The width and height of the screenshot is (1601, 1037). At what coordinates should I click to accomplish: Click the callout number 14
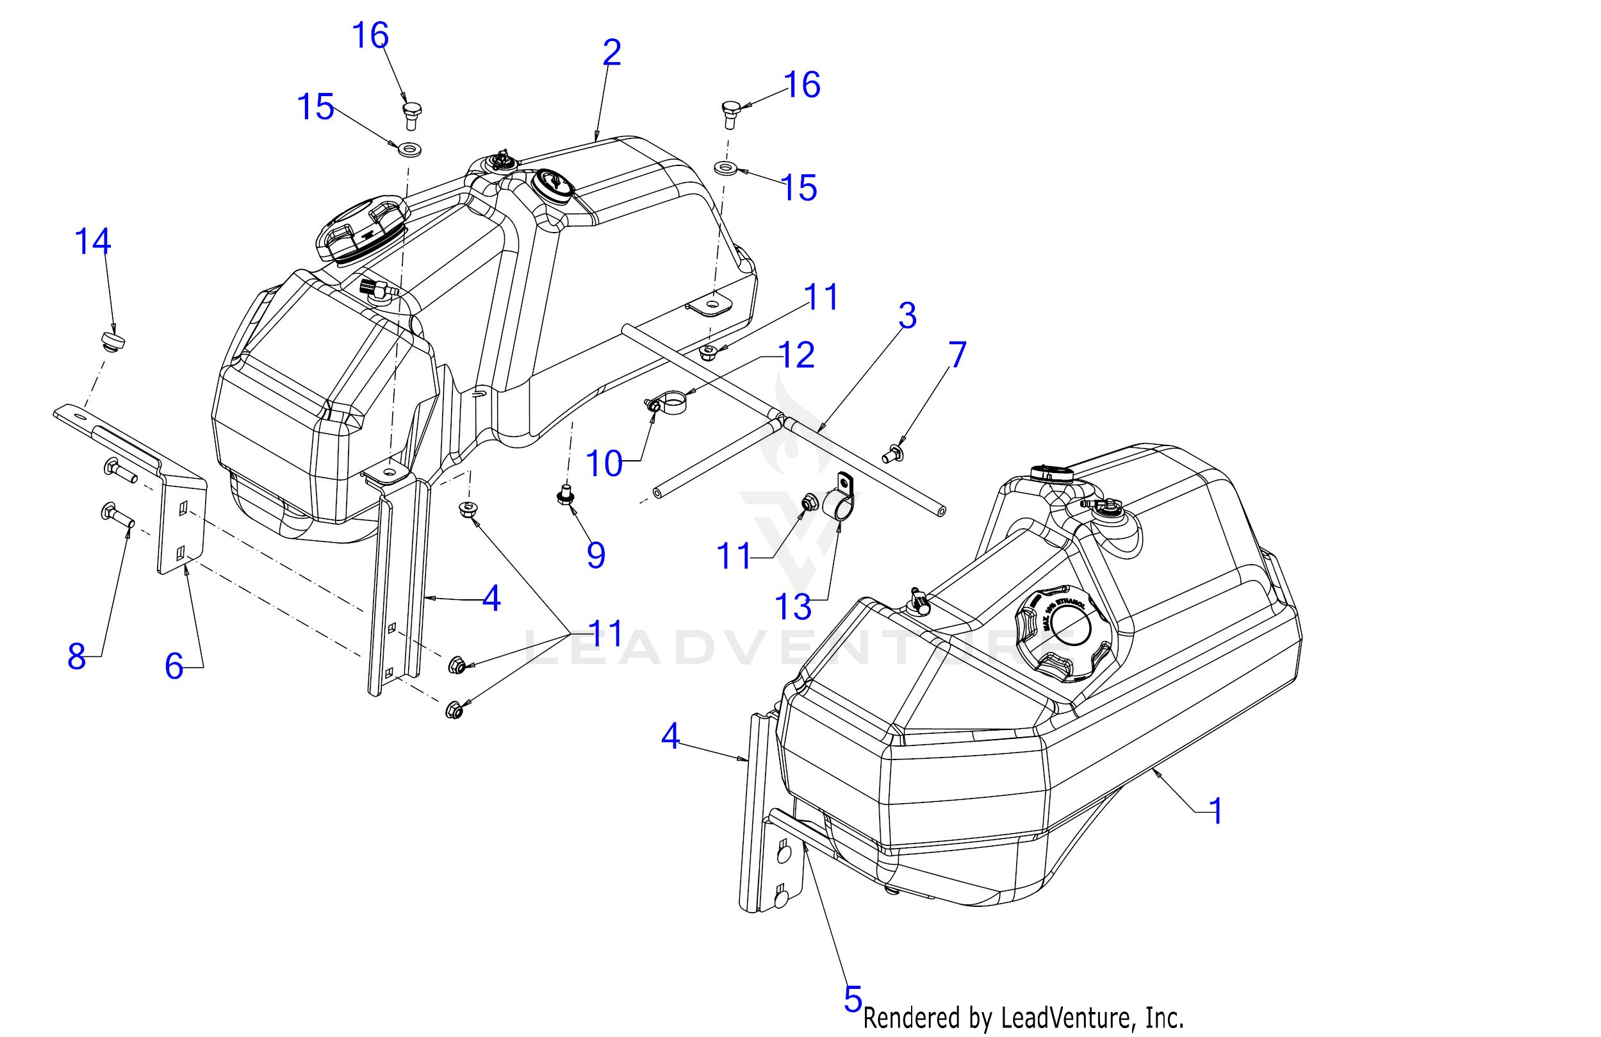tap(92, 242)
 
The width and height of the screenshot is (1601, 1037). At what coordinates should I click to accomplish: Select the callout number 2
tap(611, 53)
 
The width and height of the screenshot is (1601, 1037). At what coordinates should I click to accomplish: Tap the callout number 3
tap(907, 315)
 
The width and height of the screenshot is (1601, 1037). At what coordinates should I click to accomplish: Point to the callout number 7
tap(956, 354)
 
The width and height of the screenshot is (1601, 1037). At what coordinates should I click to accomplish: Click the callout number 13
tap(793, 607)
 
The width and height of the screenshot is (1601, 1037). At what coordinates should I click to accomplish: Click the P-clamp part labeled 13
tap(839, 501)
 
